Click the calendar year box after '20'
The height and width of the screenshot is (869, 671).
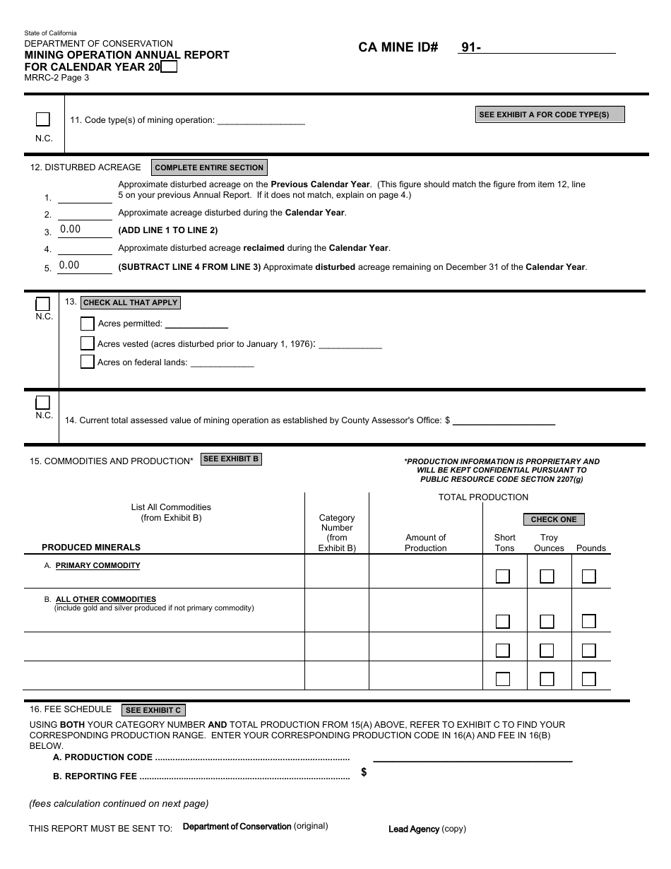(x=169, y=67)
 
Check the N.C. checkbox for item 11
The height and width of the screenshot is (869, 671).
(x=43, y=119)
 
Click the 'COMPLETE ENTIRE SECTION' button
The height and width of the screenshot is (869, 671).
(x=209, y=167)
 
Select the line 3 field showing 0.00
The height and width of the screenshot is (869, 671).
(x=85, y=230)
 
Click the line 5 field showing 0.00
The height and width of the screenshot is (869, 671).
(x=85, y=266)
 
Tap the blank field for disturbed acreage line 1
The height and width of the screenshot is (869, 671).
(x=85, y=196)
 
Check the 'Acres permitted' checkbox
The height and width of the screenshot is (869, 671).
(x=88, y=324)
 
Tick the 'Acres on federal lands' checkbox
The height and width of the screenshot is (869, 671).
(x=88, y=362)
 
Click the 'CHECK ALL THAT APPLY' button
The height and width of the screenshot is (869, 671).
(x=130, y=302)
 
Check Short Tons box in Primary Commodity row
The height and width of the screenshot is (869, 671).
(x=503, y=577)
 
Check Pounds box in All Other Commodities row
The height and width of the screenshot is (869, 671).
(x=589, y=621)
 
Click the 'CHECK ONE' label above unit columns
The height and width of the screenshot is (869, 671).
(x=554, y=519)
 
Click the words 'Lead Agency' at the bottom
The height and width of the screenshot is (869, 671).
(x=414, y=829)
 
